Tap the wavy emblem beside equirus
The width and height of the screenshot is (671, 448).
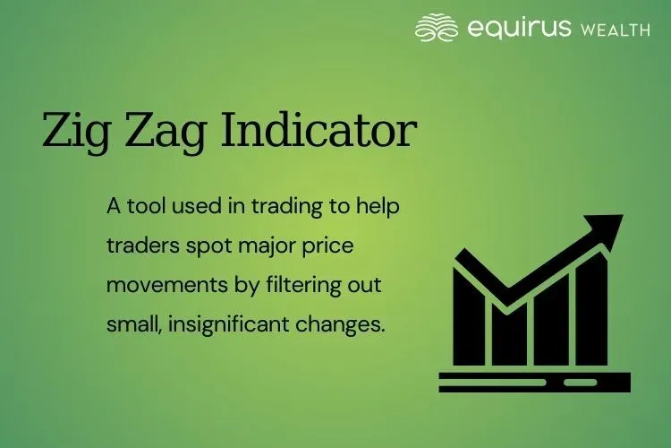[x=437, y=27]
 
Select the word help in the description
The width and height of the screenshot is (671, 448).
[x=380, y=207]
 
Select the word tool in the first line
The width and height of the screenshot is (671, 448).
[x=142, y=205]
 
